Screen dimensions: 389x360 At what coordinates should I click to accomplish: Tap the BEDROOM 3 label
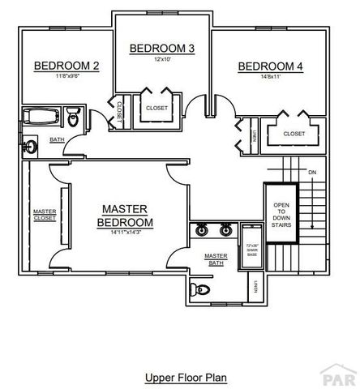pos(162,49)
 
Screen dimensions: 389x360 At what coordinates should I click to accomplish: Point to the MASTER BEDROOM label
pos(125,216)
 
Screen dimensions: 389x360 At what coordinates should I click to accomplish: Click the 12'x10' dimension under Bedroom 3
pos(162,59)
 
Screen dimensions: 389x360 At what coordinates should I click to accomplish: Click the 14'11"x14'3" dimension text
pos(125,232)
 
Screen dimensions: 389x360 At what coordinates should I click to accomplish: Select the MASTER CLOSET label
pos(44,215)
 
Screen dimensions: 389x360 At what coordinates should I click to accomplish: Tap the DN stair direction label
pos(312,173)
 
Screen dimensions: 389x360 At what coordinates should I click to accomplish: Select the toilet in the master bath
pos(199,288)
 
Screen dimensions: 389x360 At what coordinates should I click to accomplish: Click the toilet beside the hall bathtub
pos(74,118)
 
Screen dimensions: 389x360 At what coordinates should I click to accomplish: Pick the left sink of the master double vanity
pos(202,230)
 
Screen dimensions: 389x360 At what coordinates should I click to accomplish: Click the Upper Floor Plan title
pos(186,377)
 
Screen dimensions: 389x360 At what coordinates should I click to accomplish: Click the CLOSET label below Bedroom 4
pos(294,134)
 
